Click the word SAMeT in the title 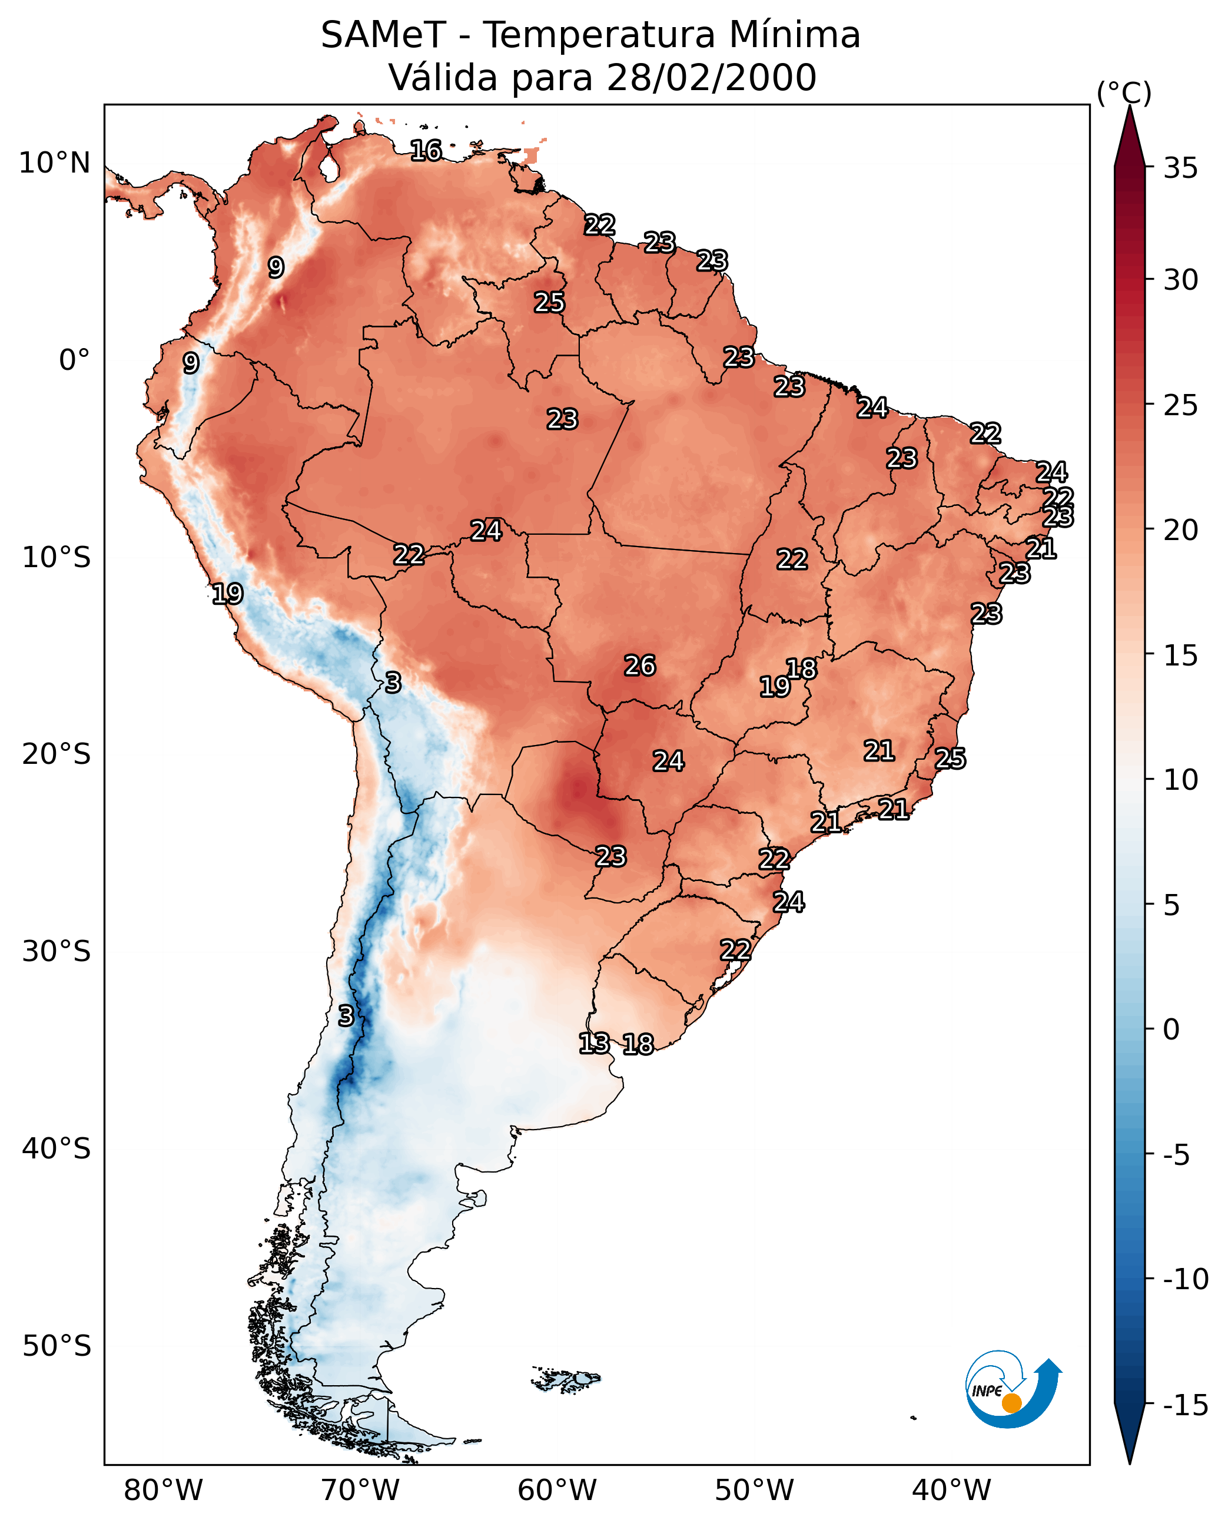[383, 35]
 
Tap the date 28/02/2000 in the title [711, 78]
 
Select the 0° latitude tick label [74, 360]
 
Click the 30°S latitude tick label [56, 952]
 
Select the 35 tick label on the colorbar [1180, 168]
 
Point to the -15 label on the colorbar [1186, 1406]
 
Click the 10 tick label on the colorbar [1180, 780]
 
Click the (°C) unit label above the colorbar [1124, 92]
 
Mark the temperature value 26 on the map [639, 666]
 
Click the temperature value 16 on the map [426, 151]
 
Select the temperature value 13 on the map [594, 1043]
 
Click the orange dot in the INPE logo [1011, 1403]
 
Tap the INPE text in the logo [987, 1391]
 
